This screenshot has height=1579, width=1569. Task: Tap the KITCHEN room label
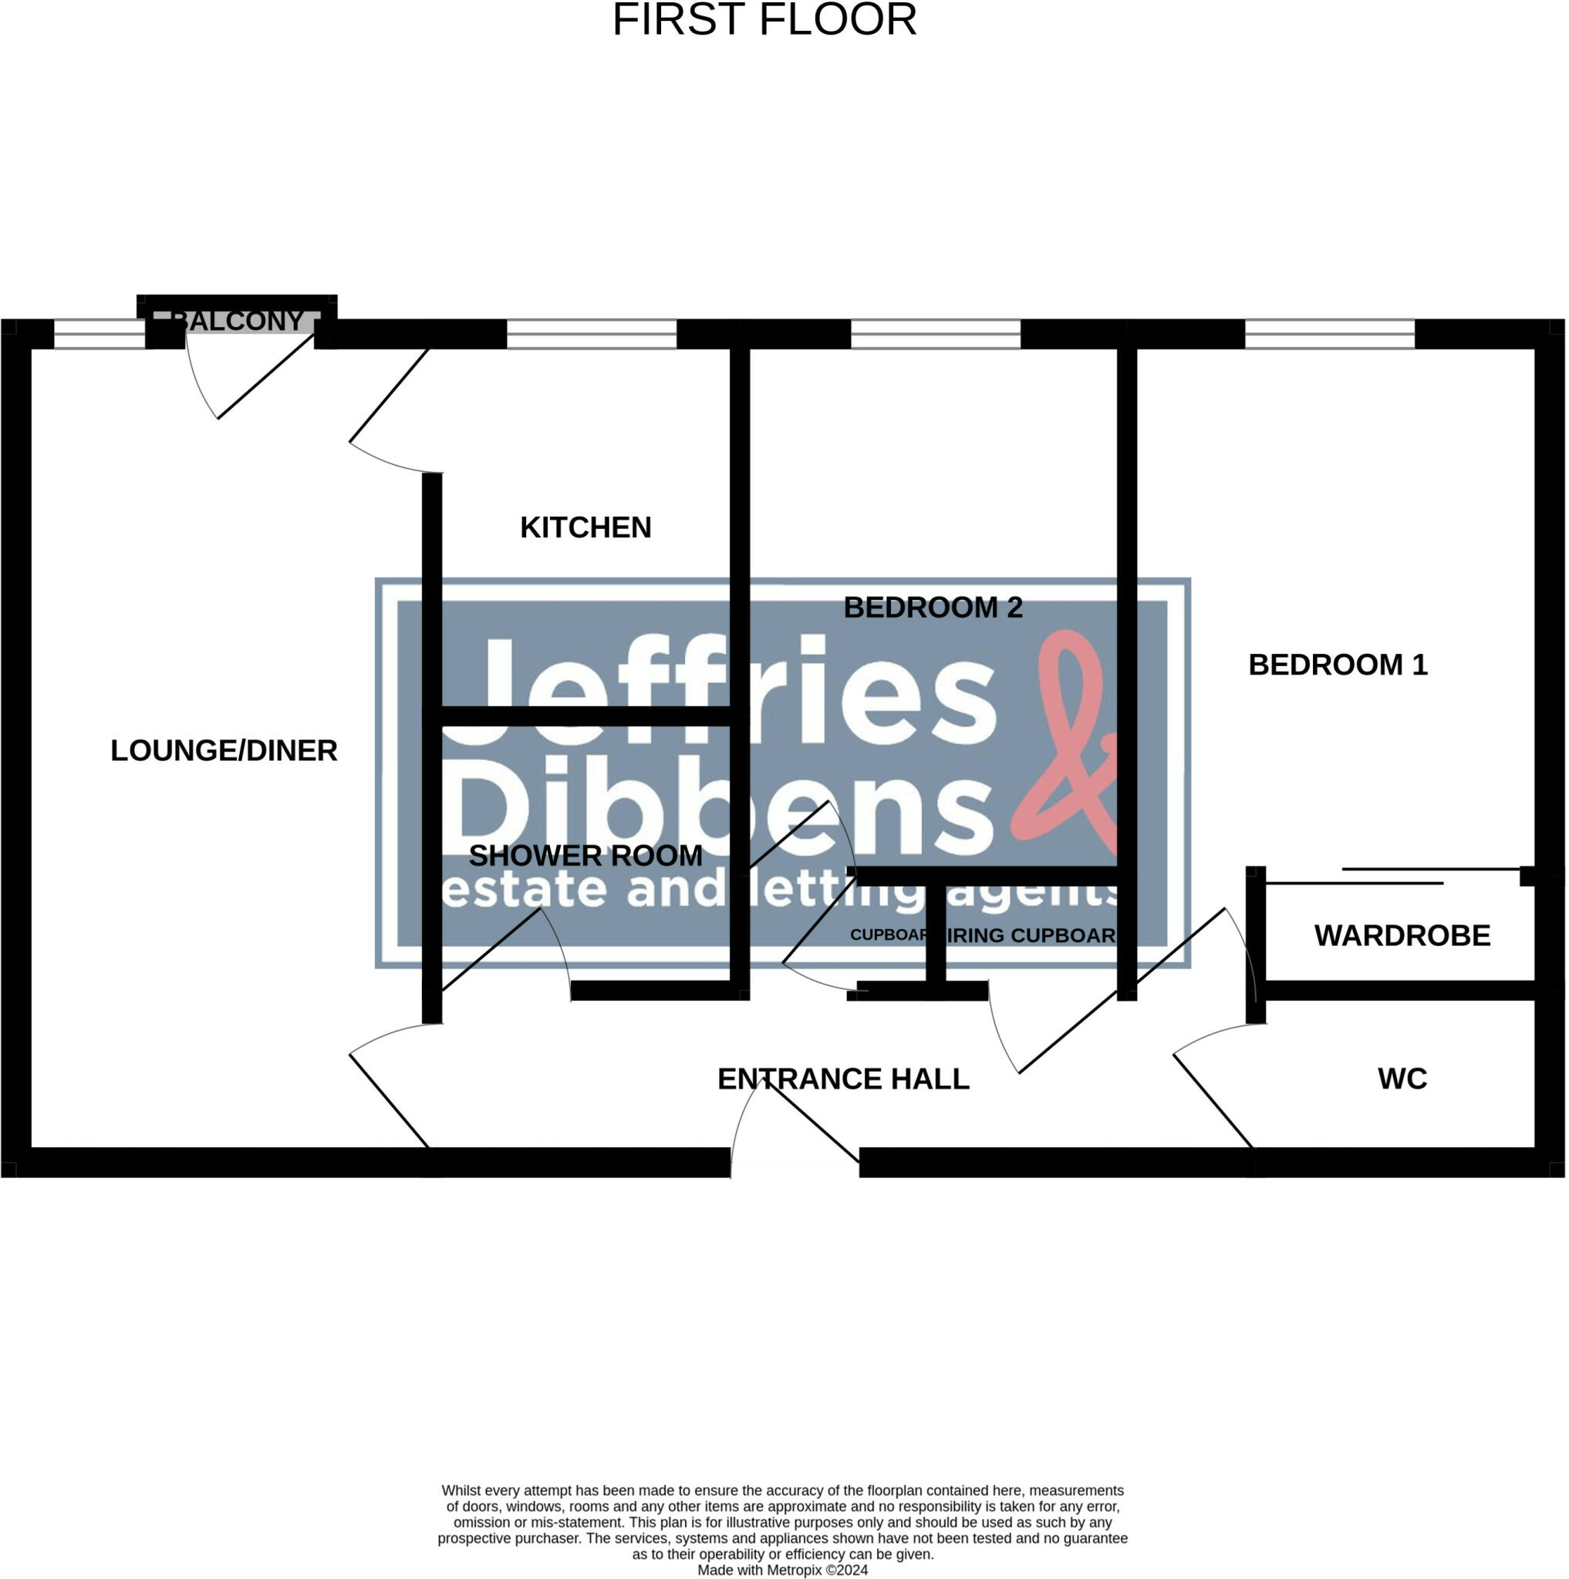pos(585,528)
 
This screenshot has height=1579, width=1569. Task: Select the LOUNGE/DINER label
pos(224,750)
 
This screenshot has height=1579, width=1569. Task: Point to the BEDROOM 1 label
pos(1338,665)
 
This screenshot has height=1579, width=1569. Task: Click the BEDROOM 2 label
pos(933,608)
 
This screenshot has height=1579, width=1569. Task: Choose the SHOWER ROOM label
pos(585,856)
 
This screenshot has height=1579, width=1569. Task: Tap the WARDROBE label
pos(1402,935)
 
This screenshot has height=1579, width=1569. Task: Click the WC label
pos(1402,1079)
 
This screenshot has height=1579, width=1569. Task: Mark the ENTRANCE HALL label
pos(843,1079)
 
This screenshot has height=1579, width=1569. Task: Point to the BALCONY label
pos(238,321)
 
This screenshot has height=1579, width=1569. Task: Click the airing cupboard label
pos(1032,936)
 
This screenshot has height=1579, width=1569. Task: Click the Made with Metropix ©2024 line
pos(782,1570)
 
